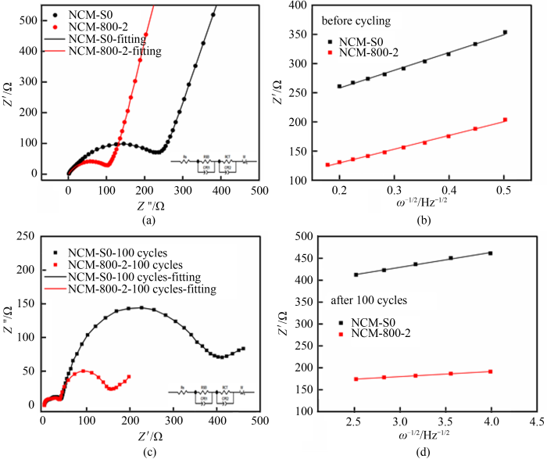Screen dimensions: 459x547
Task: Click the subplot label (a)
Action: tap(146, 222)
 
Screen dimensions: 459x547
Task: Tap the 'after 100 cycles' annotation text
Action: tap(360, 299)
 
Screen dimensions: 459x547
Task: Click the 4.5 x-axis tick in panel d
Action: tap(537, 420)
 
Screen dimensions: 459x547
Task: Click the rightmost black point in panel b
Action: tap(505, 33)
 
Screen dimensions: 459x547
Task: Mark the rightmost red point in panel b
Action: tap(505, 120)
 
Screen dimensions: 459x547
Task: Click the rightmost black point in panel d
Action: tap(491, 253)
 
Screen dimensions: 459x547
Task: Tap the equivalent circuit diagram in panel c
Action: tap(211, 393)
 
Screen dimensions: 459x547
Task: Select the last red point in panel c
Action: tap(151, 377)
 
